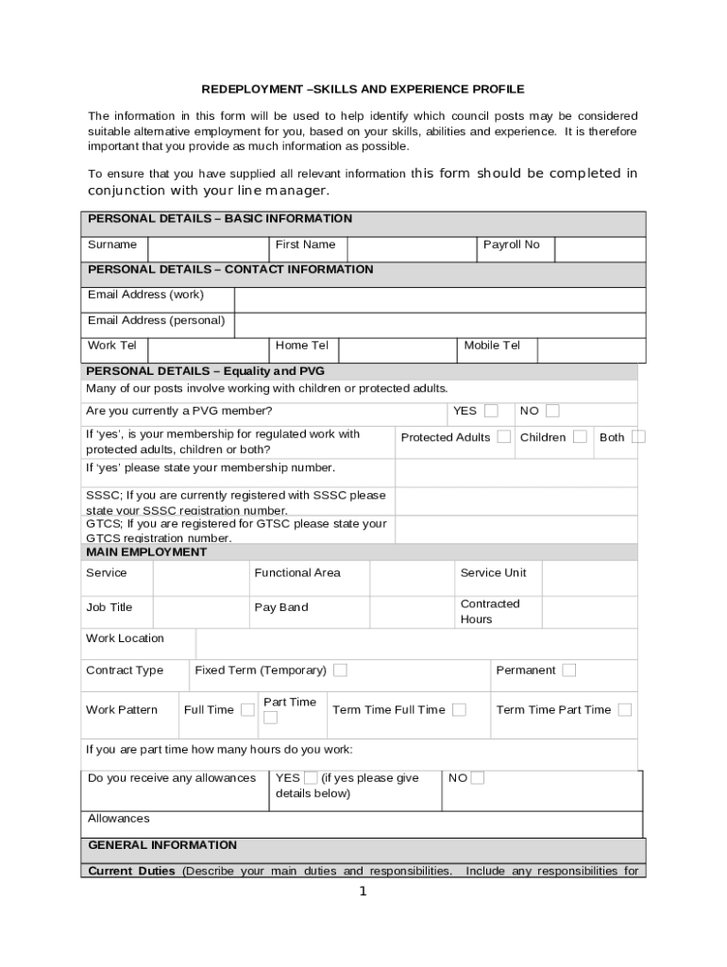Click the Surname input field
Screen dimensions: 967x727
pyautogui.click(x=207, y=248)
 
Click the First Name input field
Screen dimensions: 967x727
pyautogui.click(x=411, y=248)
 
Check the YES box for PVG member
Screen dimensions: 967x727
pyautogui.click(x=491, y=411)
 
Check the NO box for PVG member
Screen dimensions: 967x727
pyautogui.click(x=552, y=411)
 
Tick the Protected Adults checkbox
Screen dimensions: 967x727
pyautogui.click(x=504, y=436)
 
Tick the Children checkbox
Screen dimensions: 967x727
pyautogui.click(x=580, y=436)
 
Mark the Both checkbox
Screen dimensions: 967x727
pyautogui.click(x=638, y=436)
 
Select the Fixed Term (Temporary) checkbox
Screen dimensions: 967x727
pyautogui.click(x=340, y=670)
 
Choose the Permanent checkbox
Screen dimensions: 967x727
pyautogui.click(x=568, y=670)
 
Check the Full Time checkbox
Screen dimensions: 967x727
pyautogui.click(x=247, y=709)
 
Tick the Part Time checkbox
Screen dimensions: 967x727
pyautogui.click(x=271, y=718)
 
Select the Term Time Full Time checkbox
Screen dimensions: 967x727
pyautogui.click(x=459, y=709)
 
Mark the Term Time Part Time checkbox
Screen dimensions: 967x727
pyautogui.click(x=624, y=709)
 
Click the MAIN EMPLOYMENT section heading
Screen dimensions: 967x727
pyautogui.click(x=146, y=552)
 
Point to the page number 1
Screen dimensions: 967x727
pyautogui.click(x=363, y=891)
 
